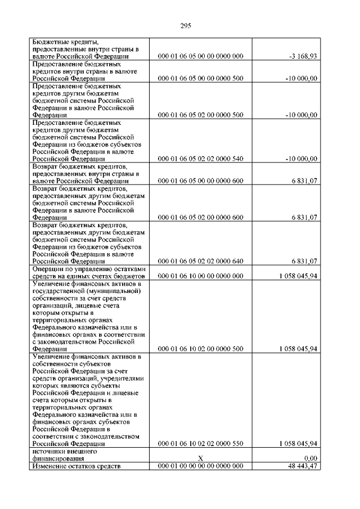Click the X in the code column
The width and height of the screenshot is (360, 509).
pyautogui.click(x=201, y=459)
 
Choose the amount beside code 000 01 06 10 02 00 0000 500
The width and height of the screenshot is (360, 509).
pyautogui.click(x=298, y=349)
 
